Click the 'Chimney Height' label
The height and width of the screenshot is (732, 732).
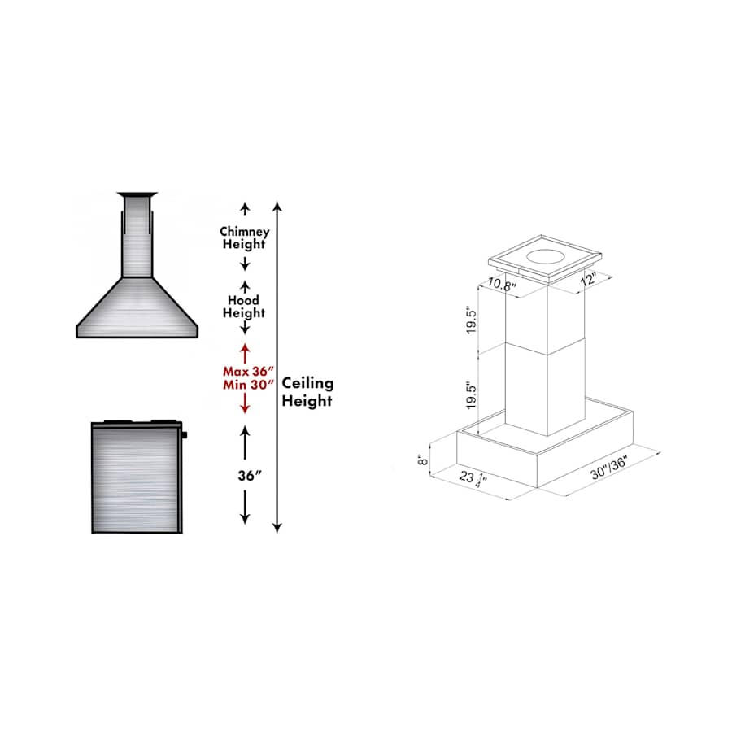coord(244,237)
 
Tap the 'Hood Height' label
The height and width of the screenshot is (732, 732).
coord(244,307)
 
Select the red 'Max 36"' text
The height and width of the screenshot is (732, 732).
coord(248,372)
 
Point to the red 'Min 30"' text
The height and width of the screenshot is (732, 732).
coord(248,386)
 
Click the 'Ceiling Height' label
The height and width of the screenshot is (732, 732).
coord(307,392)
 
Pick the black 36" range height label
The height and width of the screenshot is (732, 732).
coord(250,476)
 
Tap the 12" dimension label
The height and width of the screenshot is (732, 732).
coord(588,279)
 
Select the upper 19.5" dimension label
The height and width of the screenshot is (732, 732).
coord(471,320)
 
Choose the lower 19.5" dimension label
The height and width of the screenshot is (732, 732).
coord(471,396)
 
